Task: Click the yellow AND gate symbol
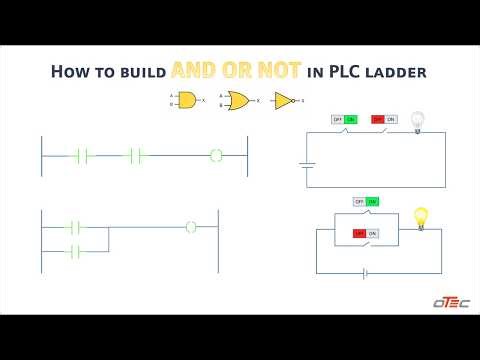[187, 100]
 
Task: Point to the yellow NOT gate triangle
[286, 100]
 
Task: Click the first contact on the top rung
[83, 155]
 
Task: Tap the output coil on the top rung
[214, 155]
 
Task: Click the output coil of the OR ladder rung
[192, 227]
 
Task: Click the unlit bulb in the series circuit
[418, 120]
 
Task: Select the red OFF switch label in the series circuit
[377, 120]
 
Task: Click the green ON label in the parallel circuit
[373, 201]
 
